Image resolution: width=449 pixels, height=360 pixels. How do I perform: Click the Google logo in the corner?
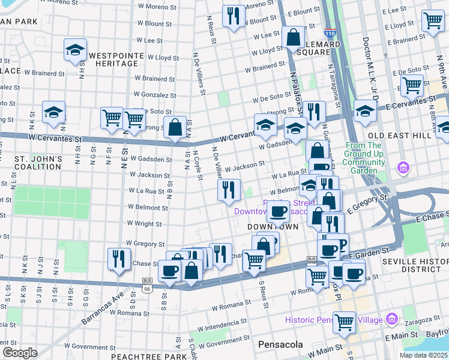tap(20, 353)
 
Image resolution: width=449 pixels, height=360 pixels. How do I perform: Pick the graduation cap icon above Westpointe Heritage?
tap(75, 50)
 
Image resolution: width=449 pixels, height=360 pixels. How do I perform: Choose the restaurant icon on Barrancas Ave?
tap(119, 259)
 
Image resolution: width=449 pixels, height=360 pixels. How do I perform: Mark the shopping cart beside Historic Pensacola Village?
tap(345, 322)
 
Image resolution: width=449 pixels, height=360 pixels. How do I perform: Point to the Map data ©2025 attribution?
tap(424, 355)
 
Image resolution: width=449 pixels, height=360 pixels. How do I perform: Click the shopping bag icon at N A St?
tap(175, 128)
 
